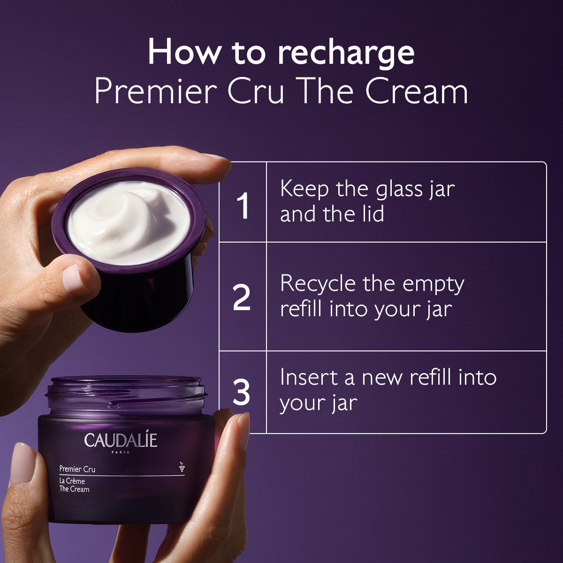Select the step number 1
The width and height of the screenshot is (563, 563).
coord(243,206)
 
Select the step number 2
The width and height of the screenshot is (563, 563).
coord(242,298)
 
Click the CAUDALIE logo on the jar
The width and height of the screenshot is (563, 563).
coord(121,440)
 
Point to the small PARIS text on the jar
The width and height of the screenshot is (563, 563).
coord(121,453)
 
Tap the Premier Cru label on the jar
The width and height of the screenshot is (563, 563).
coord(77,468)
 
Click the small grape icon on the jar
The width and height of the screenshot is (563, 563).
coord(181,466)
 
